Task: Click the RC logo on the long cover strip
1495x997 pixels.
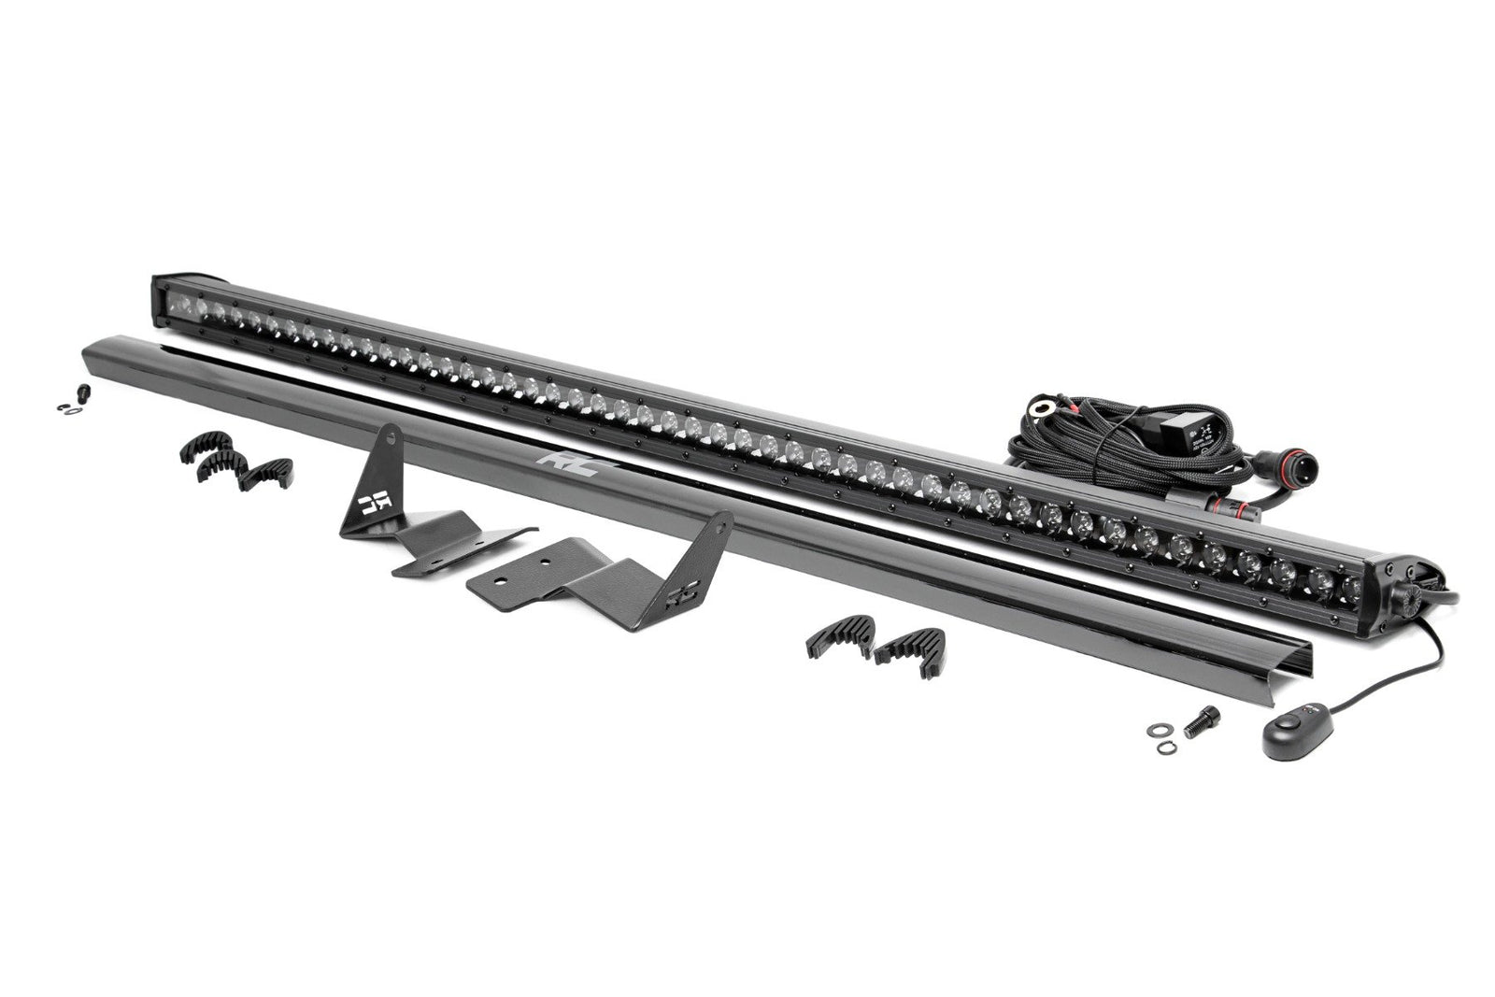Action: coord(554,460)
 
